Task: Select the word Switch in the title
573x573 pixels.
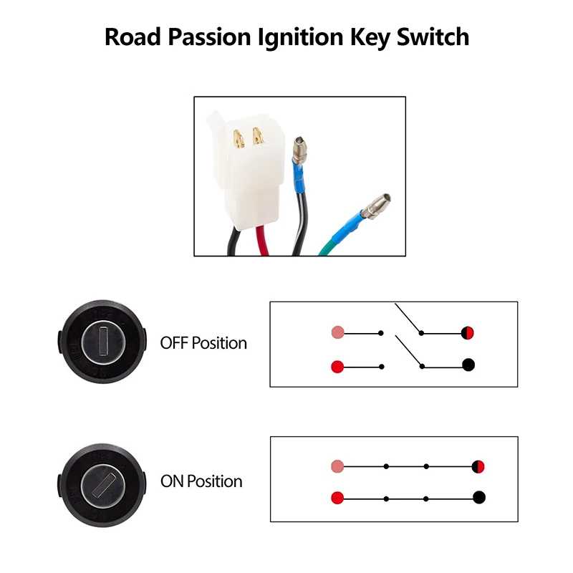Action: click(x=437, y=37)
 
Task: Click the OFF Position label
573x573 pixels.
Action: click(x=203, y=343)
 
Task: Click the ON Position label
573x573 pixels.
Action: click(x=201, y=481)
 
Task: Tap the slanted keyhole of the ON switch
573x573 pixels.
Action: click(x=102, y=476)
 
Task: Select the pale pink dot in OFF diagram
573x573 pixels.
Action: click(x=338, y=333)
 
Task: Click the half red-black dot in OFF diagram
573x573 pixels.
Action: click(x=468, y=333)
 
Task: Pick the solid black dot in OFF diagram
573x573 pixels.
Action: click(x=469, y=365)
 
